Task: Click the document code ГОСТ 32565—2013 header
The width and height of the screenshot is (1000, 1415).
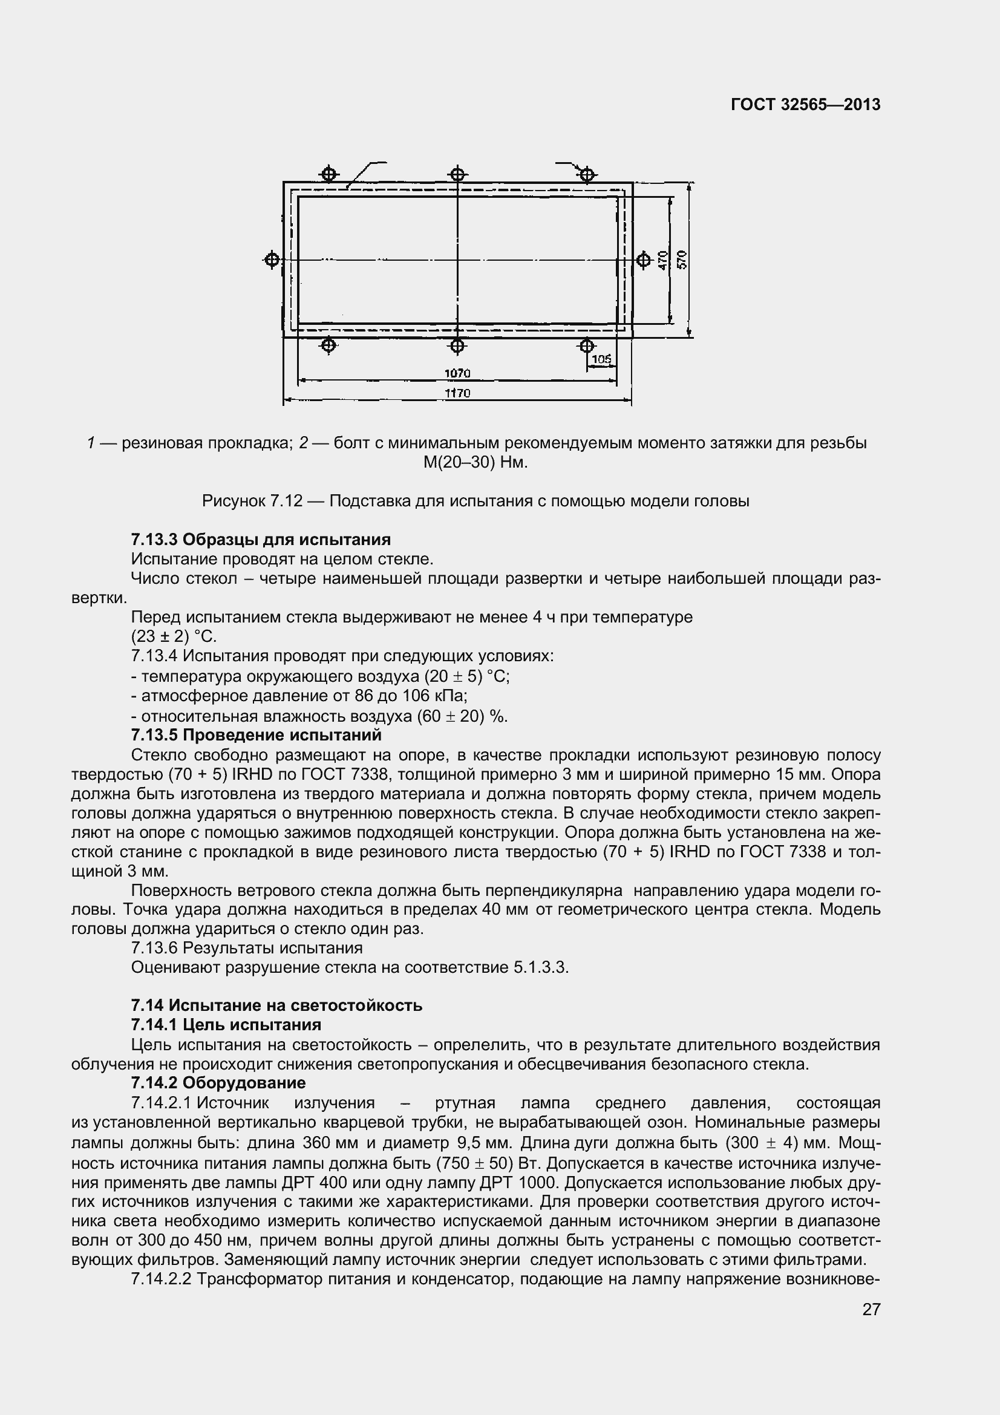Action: coord(805,105)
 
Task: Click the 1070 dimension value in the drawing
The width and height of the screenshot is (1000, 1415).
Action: coord(457,373)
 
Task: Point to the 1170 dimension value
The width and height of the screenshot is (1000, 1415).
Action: coord(457,393)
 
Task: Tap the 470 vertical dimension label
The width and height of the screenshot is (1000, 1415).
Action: coord(662,260)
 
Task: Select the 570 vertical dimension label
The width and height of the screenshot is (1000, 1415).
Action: coord(681,260)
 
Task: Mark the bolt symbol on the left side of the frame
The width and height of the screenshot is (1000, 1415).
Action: coord(272,260)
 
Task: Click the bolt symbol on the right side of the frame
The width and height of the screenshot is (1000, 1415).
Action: coord(643,260)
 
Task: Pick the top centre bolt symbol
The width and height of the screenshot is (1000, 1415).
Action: coord(457,174)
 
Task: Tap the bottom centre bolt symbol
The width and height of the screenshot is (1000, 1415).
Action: coord(457,346)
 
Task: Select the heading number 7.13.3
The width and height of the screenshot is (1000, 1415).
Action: coord(154,540)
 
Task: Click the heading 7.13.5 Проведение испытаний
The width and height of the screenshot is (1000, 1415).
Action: coord(257,735)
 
